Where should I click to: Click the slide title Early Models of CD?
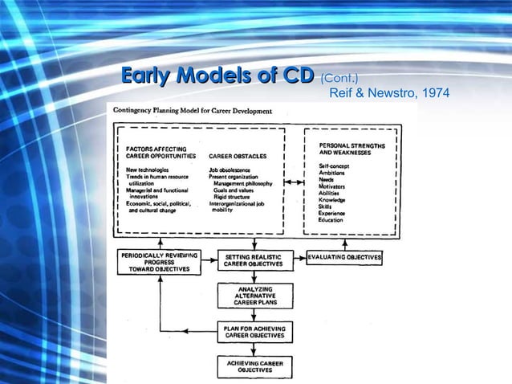(x=217, y=77)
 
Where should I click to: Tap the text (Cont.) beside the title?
(x=339, y=79)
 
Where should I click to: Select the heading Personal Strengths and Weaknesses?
(x=352, y=149)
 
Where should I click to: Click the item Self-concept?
(x=333, y=165)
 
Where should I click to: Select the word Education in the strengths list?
(x=331, y=220)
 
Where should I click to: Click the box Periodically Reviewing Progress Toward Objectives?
(x=160, y=262)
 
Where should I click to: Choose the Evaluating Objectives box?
(x=345, y=258)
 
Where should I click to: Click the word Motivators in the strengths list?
(x=332, y=186)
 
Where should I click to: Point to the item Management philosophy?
(x=243, y=183)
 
